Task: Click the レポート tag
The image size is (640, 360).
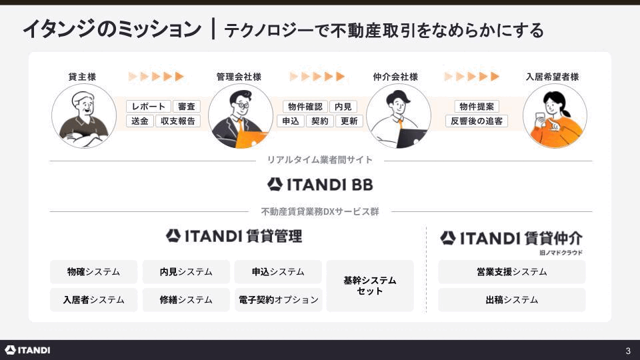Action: click(148, 107)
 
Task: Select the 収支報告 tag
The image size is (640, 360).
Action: click(178, 121)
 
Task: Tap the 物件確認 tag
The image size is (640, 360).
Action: click(305, 107)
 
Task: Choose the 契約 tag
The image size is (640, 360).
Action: click(319, 121)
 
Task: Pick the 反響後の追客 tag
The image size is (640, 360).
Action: click(476, 121)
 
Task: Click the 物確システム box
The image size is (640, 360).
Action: click(93, 272)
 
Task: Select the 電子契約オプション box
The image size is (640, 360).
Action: click(278, 300)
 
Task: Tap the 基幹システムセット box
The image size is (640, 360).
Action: click(370, 286)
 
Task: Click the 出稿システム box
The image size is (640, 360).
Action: click(512, 300)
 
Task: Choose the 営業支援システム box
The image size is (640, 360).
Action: click(512, 272)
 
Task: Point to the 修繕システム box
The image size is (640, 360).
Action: click(186, 300)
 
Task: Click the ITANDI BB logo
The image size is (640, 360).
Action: click(320, 185)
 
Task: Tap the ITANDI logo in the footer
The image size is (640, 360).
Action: click(27, 350)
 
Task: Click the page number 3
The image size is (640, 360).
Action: click(628, 351)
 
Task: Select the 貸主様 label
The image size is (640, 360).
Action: click(82, 77)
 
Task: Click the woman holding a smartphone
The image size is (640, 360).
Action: click(555, 116)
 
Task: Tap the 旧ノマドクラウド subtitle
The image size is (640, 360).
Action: click(561, 253)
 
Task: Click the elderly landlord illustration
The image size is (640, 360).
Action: click(84, 116)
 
